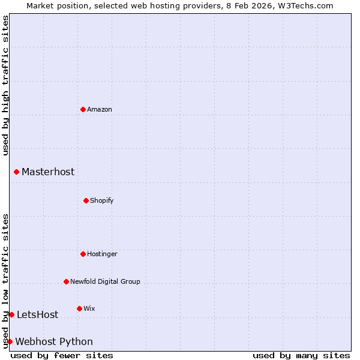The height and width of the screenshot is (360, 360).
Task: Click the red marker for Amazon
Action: (x=83, y=109)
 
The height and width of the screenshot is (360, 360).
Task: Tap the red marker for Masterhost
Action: (x=16, y=172)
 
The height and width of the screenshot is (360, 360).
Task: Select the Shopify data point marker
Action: (x=86, y=200)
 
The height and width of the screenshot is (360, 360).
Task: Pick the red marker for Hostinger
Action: (x=83, y=254)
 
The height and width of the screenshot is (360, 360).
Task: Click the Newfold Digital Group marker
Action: (x=66, y=281)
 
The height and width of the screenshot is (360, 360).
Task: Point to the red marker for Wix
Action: (x=79, y=308)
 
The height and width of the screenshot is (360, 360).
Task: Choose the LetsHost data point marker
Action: (x=11, y=314)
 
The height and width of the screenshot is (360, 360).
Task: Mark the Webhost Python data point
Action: (x=10, y=341)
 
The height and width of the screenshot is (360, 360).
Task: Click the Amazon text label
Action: (x=100, y=109)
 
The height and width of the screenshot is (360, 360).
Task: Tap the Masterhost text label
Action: (x=48, y=172)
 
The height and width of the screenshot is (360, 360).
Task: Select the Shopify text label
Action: (x=102, y=200)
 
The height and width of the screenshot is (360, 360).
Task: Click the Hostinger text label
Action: (x=102, y=254)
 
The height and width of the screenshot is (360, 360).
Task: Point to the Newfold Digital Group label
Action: (x=105, y=281)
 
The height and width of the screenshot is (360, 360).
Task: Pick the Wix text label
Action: (x=89, y=308)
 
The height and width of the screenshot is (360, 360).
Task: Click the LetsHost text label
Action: (x=37, y=314)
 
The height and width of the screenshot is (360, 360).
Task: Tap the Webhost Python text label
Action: (x=54, y=341)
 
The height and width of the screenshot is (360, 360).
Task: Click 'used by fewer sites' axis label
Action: (x=62, y=355)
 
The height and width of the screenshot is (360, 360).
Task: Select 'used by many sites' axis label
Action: (x=301, y=355)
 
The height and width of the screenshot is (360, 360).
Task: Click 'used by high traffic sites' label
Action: (x=5, y=85)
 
